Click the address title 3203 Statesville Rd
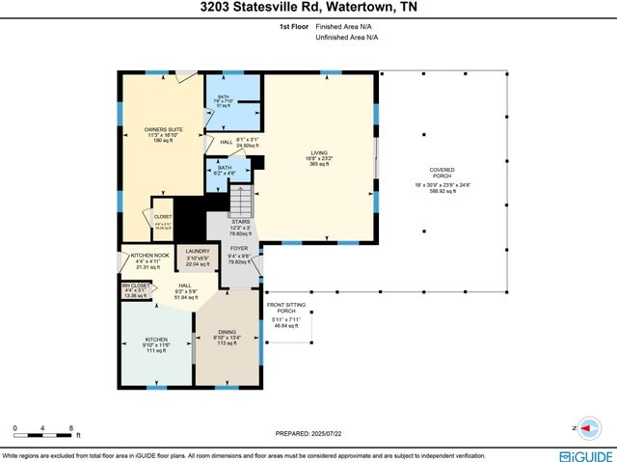click(308, 9)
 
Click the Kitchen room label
click(155, 339)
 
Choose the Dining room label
click(227, 331)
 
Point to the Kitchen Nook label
click(142, 256)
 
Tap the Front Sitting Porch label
click(286, 308)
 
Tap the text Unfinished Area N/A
click(346, 39)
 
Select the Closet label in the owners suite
click(164, 217)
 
